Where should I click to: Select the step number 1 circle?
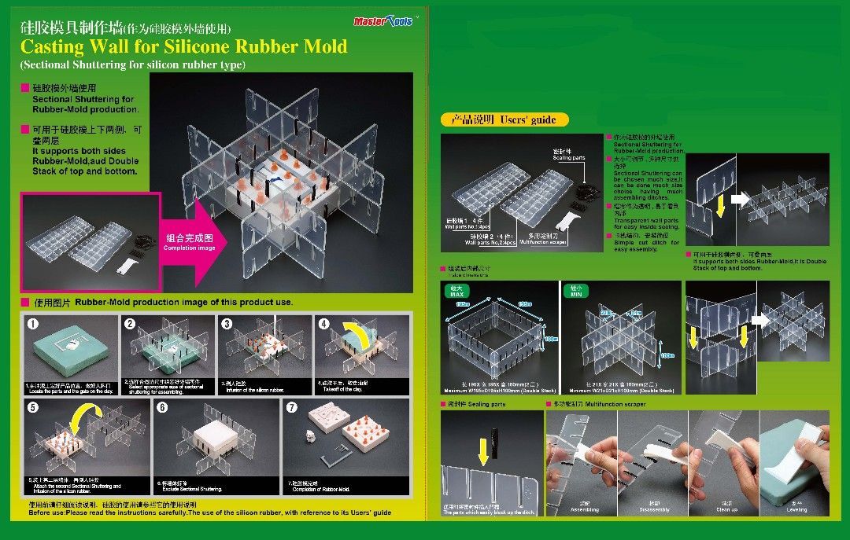32,323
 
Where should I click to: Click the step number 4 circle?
323,323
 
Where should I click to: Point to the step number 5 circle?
32,407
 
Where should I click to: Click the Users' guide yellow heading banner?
504,120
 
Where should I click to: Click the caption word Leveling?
796,509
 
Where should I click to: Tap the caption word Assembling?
584,509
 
